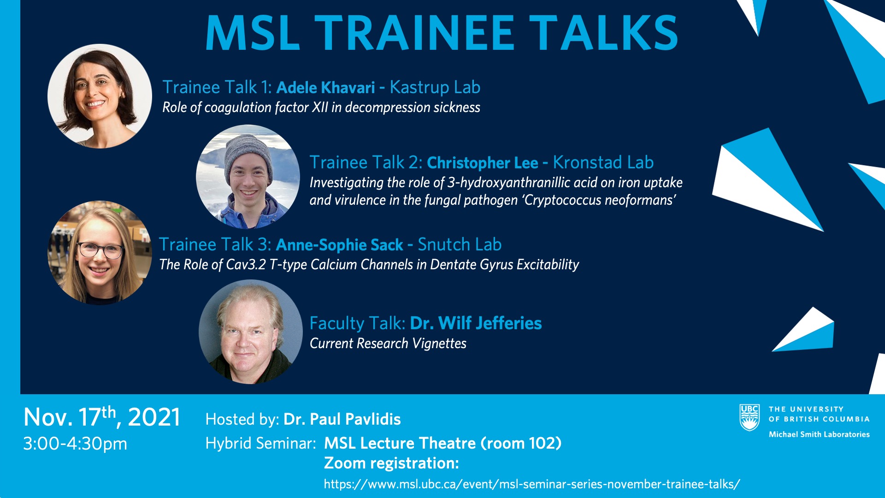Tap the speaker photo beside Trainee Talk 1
100,96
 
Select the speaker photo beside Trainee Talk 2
248,177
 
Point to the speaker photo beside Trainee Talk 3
100,253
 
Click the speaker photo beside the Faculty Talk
251,332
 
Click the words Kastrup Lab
435,87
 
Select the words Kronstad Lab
603,162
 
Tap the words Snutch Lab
460,244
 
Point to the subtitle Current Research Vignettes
388,344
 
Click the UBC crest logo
749,417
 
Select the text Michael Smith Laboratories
819,434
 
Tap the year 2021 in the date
154,417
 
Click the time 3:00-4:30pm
75,444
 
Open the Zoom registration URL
532,484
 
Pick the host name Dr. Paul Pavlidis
342,419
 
